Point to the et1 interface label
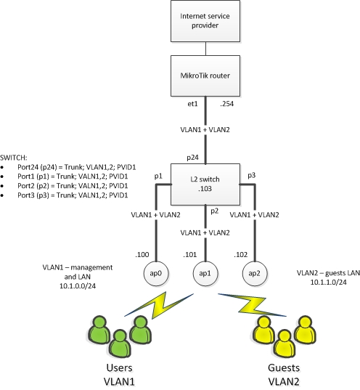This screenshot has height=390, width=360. click(192, 105)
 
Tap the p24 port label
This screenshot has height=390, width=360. click(194, 156)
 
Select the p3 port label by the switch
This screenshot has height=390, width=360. click(252, 176)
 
